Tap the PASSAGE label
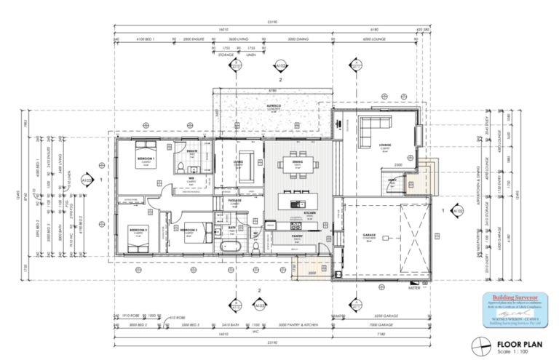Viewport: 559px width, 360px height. tap(235, 199)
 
